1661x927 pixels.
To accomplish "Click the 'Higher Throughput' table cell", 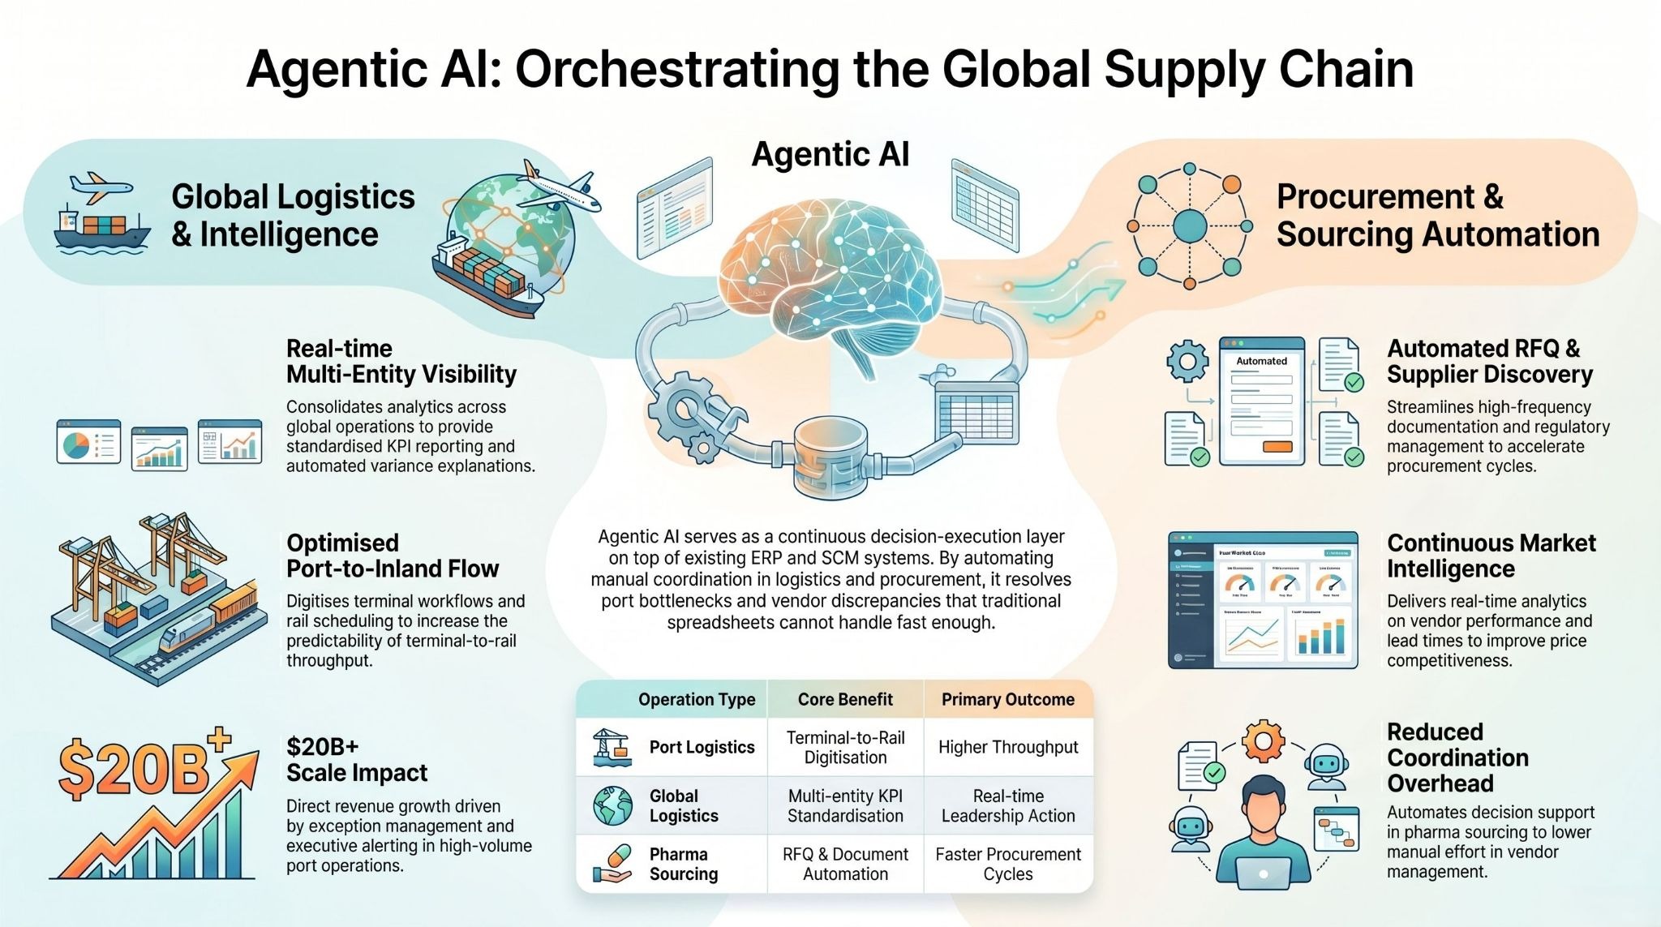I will pos(1007,747).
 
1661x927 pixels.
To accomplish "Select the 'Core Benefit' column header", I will pos(845,699).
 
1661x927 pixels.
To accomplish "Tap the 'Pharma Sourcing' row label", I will pos(683,864).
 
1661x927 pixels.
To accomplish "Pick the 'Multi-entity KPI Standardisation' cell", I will pos(845,805).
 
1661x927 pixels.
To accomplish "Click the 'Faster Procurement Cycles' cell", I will pos(1007,864).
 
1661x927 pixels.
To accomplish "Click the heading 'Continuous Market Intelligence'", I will pos(1491,556).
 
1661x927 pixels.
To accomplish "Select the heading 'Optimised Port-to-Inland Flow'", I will pos(393,556).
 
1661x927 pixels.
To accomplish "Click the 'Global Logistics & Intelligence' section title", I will pos(293,215).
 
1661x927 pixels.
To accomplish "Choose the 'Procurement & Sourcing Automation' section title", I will pos(1437,215).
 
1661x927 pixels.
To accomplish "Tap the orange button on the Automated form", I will pos(1277,447).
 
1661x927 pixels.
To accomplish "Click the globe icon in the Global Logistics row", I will pos(612,805).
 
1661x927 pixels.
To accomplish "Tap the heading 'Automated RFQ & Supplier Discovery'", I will pos(1489,361).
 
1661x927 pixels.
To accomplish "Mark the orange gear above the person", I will pos(1263,740).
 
